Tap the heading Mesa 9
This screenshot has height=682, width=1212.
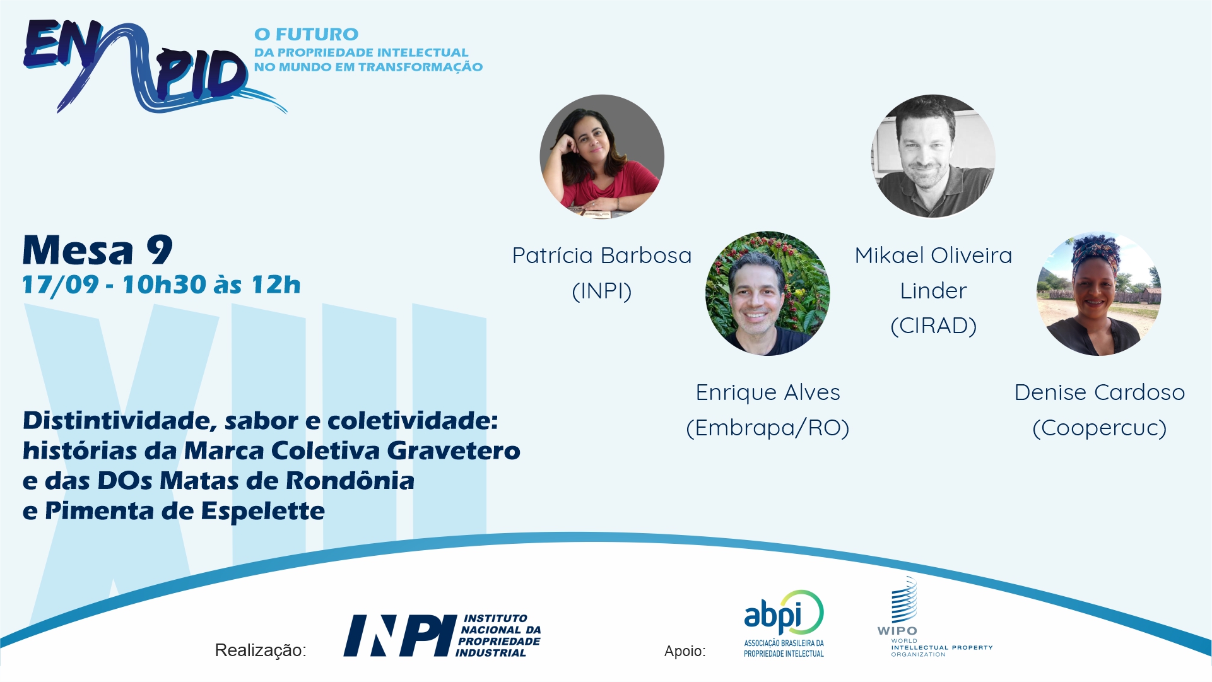pos(98,250)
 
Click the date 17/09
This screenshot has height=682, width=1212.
pos(61,285)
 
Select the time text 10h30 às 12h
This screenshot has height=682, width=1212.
pos(211,285)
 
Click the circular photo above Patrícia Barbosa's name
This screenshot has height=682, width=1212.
pos(602,156)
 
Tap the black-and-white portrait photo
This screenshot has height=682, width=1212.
pos(933,156)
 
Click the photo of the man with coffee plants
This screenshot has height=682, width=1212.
pos(767,293)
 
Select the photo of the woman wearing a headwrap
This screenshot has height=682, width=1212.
pos(1099,293)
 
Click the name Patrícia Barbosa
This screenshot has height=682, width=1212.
pos(602,256)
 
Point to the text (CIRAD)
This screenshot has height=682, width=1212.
pos(934,326)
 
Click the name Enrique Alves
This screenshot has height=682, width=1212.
pos(768,392)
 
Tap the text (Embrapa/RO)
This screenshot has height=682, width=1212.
pos(768,428)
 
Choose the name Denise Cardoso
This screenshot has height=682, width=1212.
pos(1100,392)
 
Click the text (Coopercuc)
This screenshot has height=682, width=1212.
pos(1100,428)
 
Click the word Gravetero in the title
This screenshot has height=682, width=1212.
pos(454,450)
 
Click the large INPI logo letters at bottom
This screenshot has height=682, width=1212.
pos(400,636)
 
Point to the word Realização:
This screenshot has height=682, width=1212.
pos(261,650)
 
